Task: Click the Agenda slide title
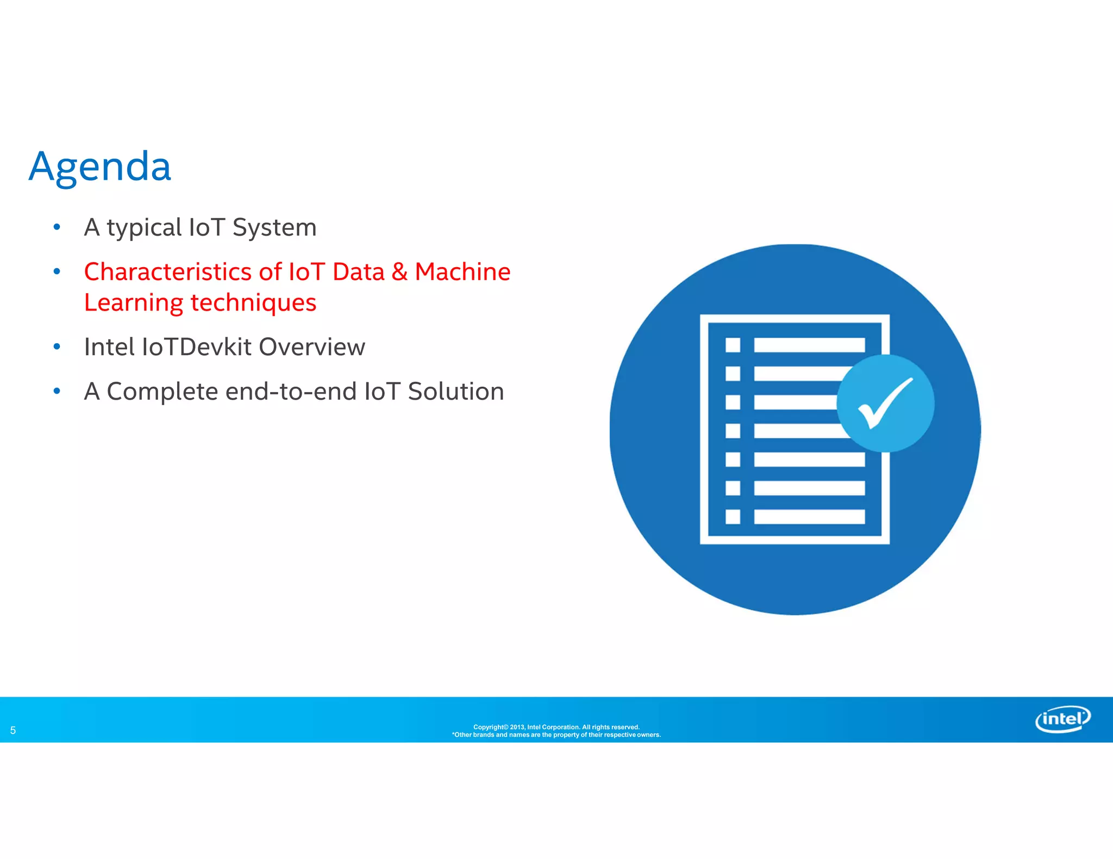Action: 100,167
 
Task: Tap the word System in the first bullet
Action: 274,228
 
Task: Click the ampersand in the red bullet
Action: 399,272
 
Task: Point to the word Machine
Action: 462,272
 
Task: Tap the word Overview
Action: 312,347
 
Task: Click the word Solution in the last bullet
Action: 456,391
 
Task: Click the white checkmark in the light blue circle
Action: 885,403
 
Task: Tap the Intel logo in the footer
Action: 1062,719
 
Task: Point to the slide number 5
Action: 13,730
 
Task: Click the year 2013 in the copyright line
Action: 517,727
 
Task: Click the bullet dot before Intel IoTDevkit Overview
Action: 57,346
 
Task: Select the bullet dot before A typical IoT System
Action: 57,227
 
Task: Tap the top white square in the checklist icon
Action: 733,345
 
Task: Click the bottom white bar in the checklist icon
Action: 809,516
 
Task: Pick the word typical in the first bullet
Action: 144,228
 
